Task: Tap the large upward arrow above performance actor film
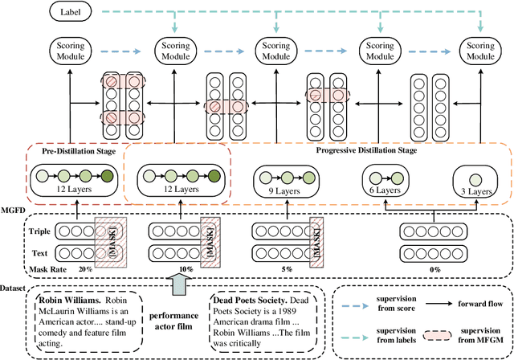(179, 285)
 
